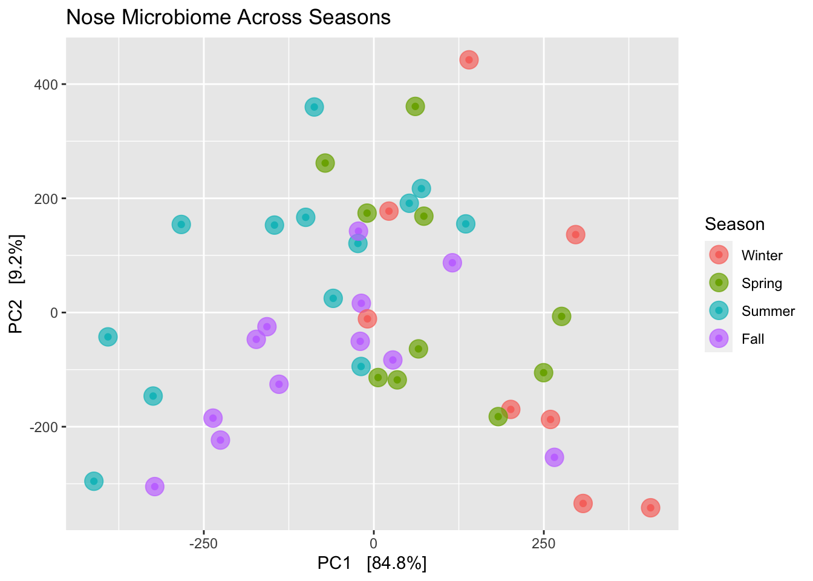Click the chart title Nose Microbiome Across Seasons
[228, 17]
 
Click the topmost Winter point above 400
[469, 59]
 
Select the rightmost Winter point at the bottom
[650, 507]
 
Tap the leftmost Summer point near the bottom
[93, 481]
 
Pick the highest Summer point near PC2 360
[313, 107]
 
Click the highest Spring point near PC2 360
[415, 107]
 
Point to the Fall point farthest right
[554, 457]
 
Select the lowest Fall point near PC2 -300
[155, 486]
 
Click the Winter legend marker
[719, 255]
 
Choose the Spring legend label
[762, 283]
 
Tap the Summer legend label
[768, 311]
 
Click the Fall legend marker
[719, 338]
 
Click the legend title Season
[734, 225]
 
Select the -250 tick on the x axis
[203, 543]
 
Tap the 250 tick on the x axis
[543, 543]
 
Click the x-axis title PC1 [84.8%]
[372, 563]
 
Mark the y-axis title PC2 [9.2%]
[16, 284]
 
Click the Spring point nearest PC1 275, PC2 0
[561, 316]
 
